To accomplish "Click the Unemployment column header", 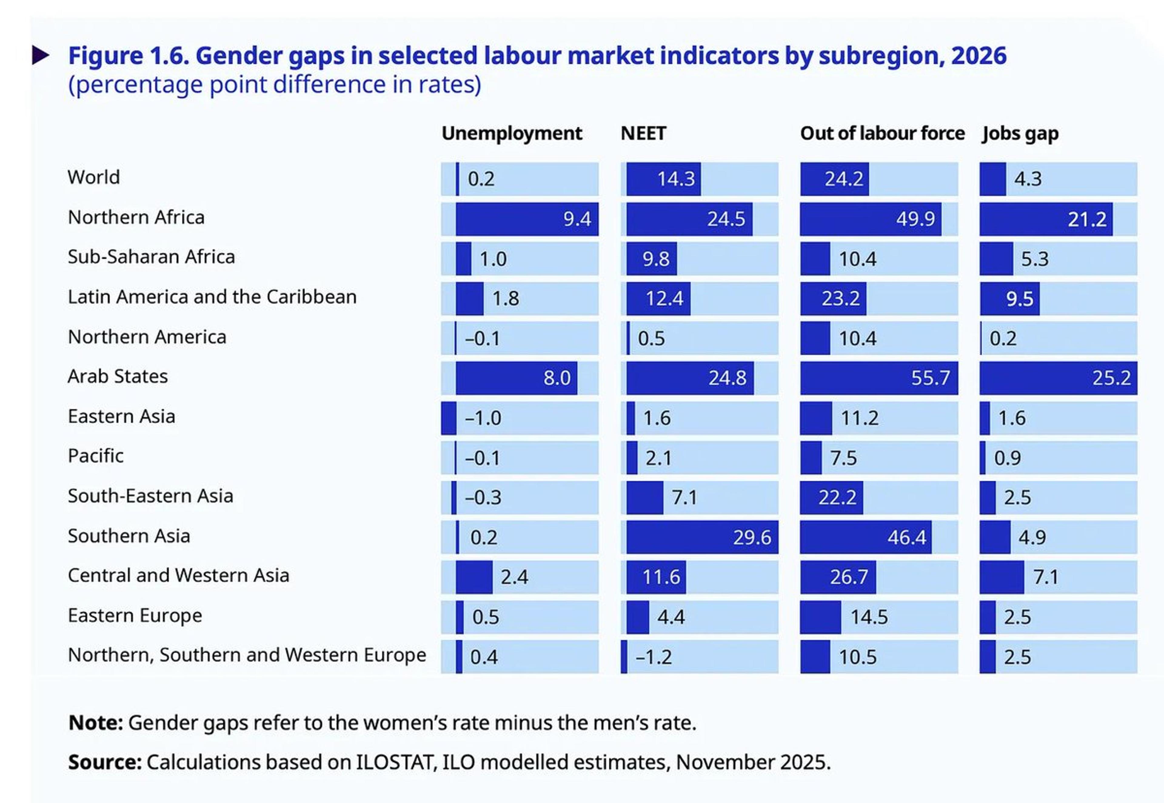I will [512, 133].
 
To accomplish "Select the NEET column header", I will [643, 133].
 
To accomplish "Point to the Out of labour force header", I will [882, 133].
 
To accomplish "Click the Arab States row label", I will [118, 376].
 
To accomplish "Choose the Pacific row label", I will [95, 456].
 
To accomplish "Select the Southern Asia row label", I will [129, 536].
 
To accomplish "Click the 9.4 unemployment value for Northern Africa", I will [577, 219].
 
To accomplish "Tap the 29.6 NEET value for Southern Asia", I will [751, 537].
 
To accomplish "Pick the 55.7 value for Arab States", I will [930, 378].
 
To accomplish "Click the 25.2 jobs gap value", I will [1111, 378].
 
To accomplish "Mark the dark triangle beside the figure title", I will [41, 55].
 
